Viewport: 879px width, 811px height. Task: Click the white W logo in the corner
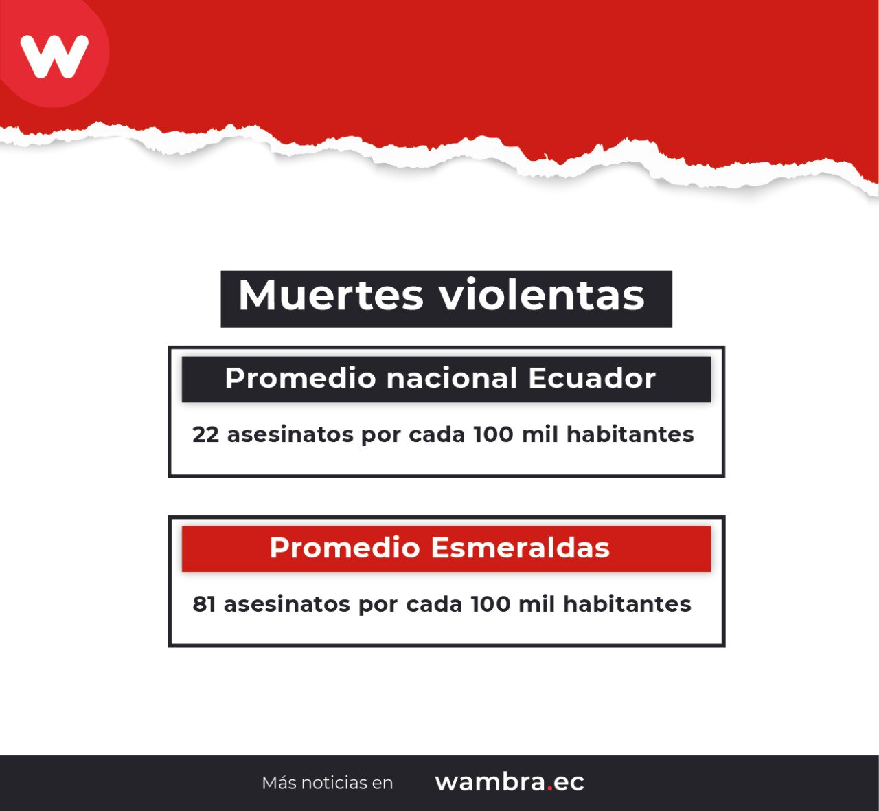pos(54,56)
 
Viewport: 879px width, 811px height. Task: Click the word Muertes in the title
pos(331,295)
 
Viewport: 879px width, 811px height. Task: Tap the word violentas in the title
pos(543,294)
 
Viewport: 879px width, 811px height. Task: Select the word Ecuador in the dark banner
pos(592,378)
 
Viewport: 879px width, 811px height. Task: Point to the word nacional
pos(452,378)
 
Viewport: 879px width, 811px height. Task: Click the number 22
pos(206,434)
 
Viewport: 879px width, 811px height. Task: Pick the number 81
pos(204,604)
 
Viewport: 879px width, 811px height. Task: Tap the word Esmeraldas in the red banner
pos(521,548)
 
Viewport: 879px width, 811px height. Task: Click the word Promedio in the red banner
pos(345,548)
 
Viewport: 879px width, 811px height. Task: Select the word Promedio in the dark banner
pos(301,379)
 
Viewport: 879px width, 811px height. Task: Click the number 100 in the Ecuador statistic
pos(493,434)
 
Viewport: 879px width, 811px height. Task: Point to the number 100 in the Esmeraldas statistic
pos(491,604)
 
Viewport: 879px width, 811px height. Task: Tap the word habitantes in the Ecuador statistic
pos(630,434)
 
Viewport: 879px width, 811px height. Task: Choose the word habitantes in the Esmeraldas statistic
pos(627,604)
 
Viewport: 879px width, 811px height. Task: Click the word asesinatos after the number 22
pos(290,434)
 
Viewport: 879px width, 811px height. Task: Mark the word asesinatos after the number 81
pos(287,604)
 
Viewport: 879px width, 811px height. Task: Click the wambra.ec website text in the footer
pos(510,781)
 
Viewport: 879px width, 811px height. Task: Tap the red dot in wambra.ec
pos(549,788)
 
